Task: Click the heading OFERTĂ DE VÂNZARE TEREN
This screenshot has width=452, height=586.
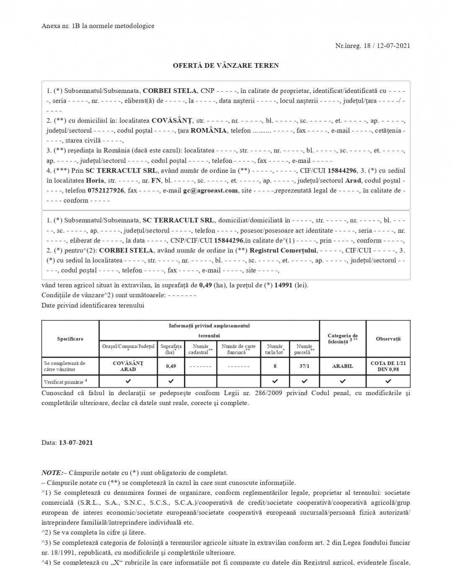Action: tap(226, 65)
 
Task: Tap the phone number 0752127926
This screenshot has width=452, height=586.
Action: tap(106, 190)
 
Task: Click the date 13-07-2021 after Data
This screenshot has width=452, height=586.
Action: tap(76, 442)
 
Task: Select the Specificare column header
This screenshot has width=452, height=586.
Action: tap(70, 339)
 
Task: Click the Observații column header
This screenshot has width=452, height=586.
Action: tap(388, 339)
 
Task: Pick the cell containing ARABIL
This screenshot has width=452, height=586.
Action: tap(342, 366)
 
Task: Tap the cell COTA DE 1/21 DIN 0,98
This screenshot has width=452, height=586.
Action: tap(388, 366)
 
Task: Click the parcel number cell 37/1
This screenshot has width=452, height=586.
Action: tap(304, 366)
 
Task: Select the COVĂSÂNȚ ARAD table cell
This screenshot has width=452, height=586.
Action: tap(128, 366)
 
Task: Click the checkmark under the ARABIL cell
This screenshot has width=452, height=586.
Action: tap(342, 381)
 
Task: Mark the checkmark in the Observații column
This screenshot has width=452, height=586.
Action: tap(388, 381)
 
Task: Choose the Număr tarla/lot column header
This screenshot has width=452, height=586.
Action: tap(275, 349)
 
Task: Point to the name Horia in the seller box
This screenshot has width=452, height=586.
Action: tap(95, 181)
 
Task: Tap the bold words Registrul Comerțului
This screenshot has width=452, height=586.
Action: tap(283, 250)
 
